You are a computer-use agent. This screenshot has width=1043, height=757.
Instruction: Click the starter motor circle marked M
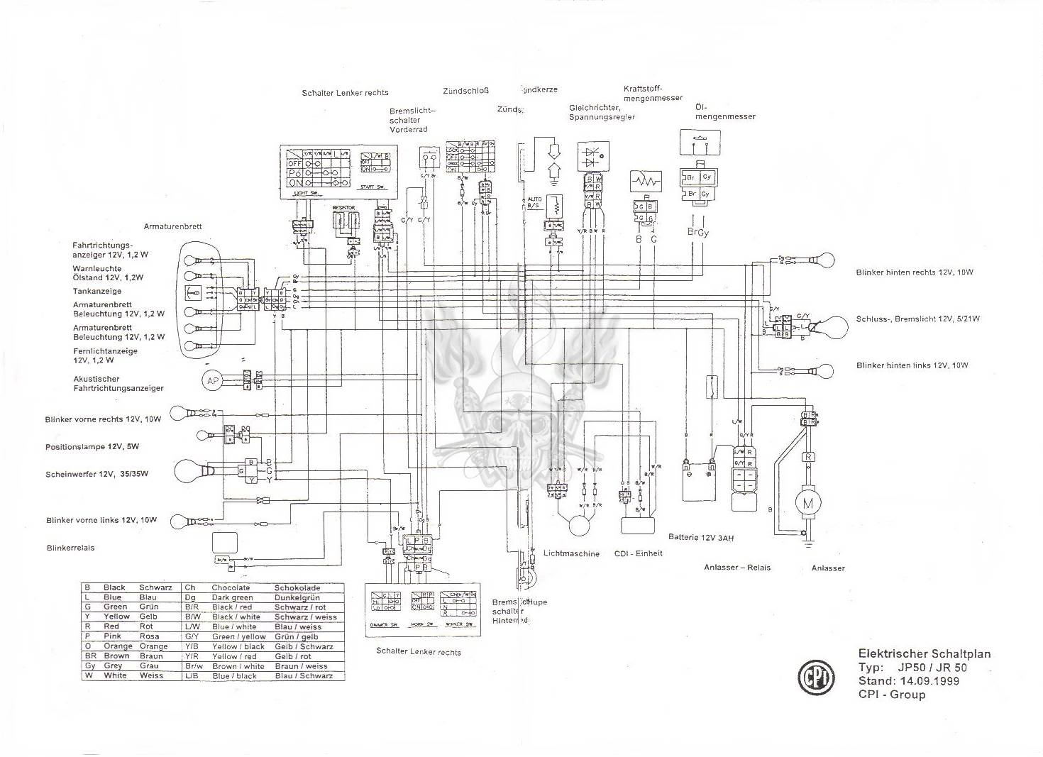click(x=807, y=503)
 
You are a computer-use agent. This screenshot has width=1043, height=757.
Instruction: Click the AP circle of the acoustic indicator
click(x=212, y=381)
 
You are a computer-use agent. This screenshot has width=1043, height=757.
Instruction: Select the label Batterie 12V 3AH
click(x=700, y=538)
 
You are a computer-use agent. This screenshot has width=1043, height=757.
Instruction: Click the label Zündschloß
click(x=465, y=91)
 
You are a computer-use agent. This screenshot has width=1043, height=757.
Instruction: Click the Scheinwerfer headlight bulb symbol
click(x=187, y=470)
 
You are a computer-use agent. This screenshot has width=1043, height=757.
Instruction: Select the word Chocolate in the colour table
click(x=231, y=587)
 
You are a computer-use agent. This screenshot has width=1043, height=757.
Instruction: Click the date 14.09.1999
click(x=922, y=681)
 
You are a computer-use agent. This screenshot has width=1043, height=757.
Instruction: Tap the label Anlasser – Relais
click(x=736, y=568)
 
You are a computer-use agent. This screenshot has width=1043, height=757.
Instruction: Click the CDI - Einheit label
click(x=638, y=553)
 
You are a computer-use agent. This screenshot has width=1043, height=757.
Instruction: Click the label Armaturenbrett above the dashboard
click(x=172, y=226)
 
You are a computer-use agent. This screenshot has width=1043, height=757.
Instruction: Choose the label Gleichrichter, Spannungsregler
click(x=601, y=112)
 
